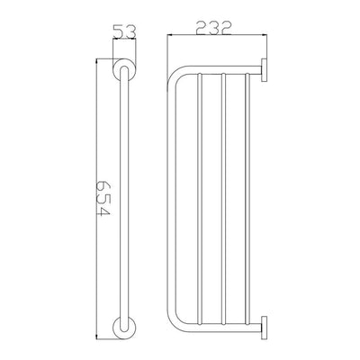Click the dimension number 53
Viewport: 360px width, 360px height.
pyautogui.click(x=124, y=31)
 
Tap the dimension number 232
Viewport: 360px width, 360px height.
pyautogui.click(x=213, y=28)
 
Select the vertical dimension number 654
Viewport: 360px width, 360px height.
pyautogui.click(x=103, y=199)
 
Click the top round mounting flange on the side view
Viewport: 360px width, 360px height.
pyautogui.click(x=124, y=69)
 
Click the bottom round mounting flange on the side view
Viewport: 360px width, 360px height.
pyautogui.click(x=124, y=328)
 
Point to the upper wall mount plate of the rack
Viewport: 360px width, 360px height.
pyautogui.click(x=264, y=69)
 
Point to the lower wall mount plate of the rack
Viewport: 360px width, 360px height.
pyautogui.click(x=264, y=328)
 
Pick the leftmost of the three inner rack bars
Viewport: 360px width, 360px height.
pyautogui.click(x=200, y=199)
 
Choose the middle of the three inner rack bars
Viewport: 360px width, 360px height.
pyautogui.click(x=223, y=199)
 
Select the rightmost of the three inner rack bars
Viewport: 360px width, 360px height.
pyautogui.click(x=247, y=199)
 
